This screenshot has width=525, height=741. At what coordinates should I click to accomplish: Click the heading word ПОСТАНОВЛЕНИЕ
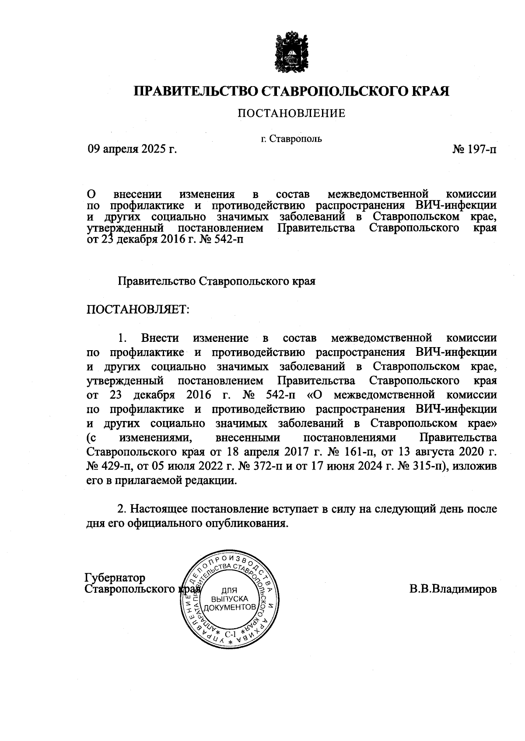pos(291,114)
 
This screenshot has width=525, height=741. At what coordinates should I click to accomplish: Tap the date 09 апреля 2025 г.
pos(132,150)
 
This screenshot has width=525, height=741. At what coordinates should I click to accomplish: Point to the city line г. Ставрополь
pos(291,139)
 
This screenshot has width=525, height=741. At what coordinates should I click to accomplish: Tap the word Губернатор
pos(115,578)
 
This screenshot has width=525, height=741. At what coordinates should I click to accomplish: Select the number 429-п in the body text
pos(110,466)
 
